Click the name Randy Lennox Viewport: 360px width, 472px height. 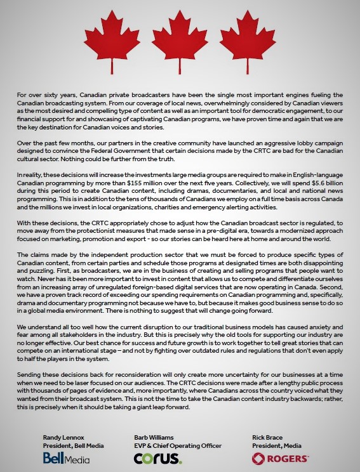(63, 438)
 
